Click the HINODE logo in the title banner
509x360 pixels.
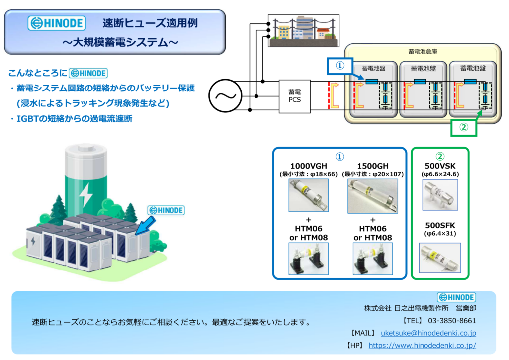[57, 23]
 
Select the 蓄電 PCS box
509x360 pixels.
[294, 96]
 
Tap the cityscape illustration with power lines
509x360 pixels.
[304, 30]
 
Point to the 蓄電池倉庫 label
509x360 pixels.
[423, 51]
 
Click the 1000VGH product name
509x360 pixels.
[308, 166]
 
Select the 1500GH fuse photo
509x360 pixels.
[373, 196]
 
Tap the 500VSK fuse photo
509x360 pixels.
[440, 195]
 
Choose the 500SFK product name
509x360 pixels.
[440, 225]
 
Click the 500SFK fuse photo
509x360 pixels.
[440, 258]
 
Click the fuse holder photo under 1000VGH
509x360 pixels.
[308, 259]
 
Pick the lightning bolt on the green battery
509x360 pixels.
[85, 194]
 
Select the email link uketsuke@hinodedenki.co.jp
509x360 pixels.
[428, 333]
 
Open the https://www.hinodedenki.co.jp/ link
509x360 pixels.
[423, 346]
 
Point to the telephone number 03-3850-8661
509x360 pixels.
[452, 321]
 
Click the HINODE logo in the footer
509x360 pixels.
[456, 297]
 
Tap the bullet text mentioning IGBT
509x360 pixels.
[71, 119]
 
